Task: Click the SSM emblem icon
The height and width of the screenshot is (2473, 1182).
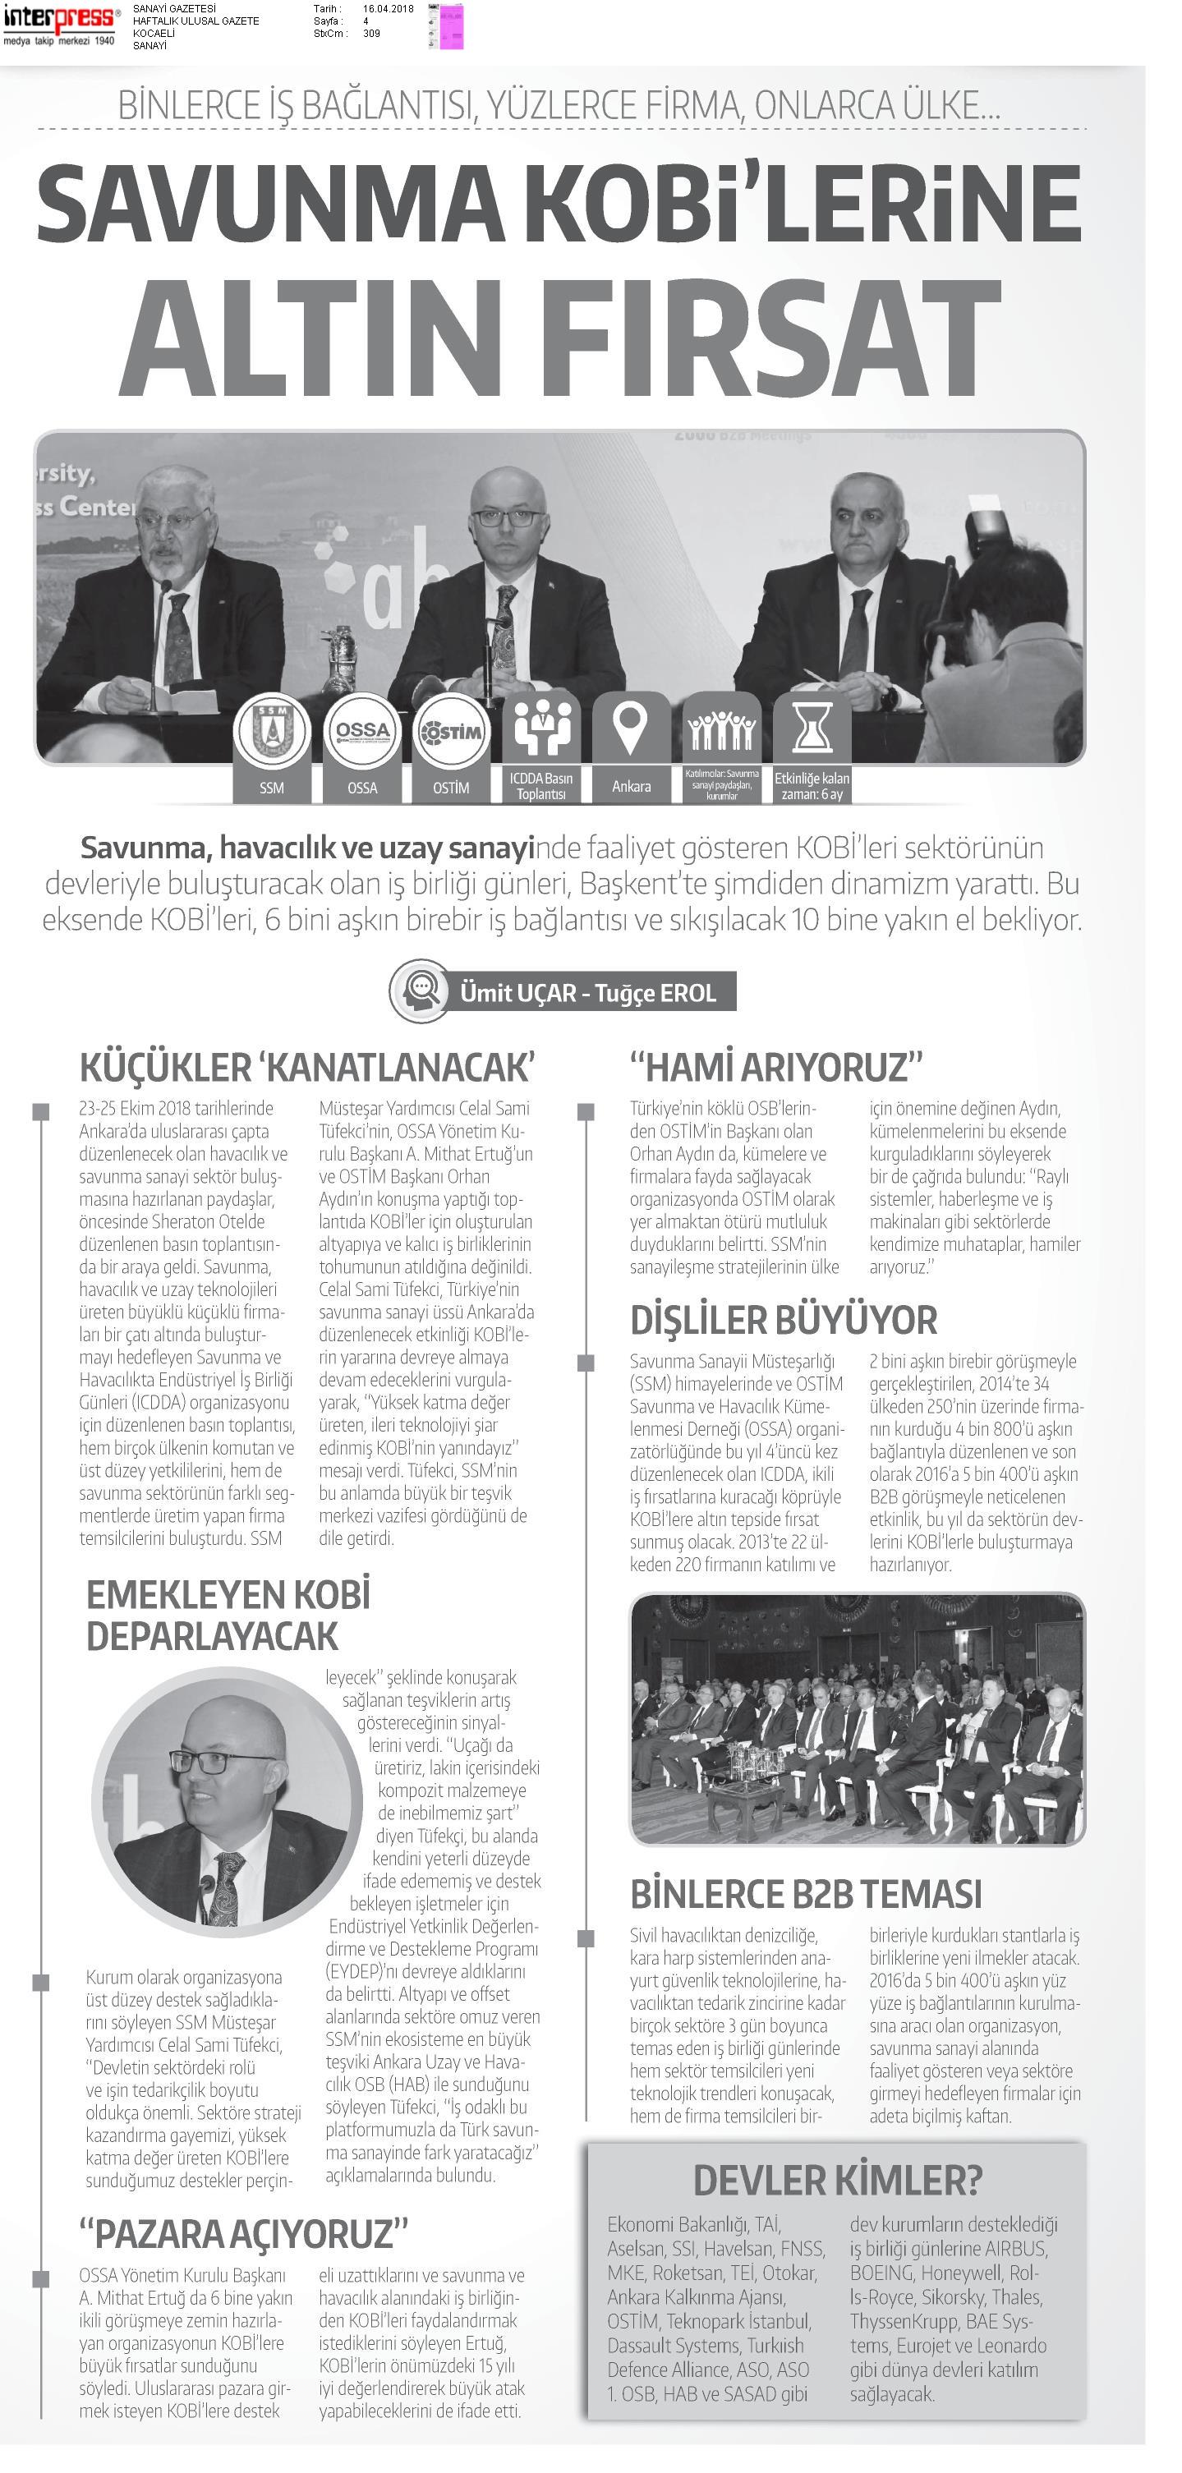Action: point(272,733)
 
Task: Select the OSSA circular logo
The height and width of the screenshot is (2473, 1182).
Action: point(362,733)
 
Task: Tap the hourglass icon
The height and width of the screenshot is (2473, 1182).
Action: point(812,729)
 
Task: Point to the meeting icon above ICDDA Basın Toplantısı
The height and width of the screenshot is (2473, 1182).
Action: point(541,728)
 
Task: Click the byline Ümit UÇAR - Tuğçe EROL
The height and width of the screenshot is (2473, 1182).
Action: point(587,993)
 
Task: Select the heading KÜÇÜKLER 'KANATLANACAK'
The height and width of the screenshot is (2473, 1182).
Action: point(306,1068)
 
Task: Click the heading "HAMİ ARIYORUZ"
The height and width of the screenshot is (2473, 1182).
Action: point(776,1068)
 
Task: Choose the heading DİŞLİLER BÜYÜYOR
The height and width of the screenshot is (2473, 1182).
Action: point(783,1320)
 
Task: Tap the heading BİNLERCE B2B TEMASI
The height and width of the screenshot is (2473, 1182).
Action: point(806,1894)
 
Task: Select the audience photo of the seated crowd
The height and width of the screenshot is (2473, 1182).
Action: point(857,1719)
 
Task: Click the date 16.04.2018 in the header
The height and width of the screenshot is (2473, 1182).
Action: point(388,9)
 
